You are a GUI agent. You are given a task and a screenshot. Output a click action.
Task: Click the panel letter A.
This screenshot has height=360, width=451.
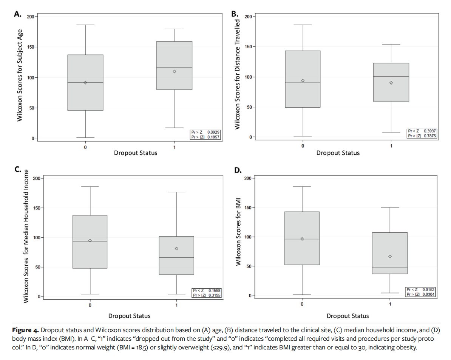click(x=17, y=15)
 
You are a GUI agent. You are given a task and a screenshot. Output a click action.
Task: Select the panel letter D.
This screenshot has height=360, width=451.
click(x=238, y=170)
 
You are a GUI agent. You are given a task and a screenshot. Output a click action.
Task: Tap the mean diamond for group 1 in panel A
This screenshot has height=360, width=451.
click(x=174, y=71)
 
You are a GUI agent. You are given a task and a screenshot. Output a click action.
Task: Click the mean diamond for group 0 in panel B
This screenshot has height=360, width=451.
click(x=303, y=80)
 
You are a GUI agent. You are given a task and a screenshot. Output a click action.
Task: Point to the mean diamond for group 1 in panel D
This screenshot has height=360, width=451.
click(x=390, y=256)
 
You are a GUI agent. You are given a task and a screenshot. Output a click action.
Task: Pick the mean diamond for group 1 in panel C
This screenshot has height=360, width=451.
click(x=176, y=248)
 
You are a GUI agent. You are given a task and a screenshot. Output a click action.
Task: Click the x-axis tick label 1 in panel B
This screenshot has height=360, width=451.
click(x=391, y=146)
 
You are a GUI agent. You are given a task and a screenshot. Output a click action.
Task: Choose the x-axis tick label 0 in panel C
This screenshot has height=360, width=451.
click(x=90, y=305)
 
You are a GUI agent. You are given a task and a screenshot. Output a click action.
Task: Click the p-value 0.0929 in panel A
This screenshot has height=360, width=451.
click(x=213, y=132)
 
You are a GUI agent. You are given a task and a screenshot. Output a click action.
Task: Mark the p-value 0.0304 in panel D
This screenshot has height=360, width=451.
click(x=429, y=294)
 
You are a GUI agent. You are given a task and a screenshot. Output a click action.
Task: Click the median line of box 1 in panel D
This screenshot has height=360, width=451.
click(x=390, y=268)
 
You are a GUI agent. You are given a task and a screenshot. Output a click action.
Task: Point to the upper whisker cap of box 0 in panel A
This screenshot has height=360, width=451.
click(x=85, y=25)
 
